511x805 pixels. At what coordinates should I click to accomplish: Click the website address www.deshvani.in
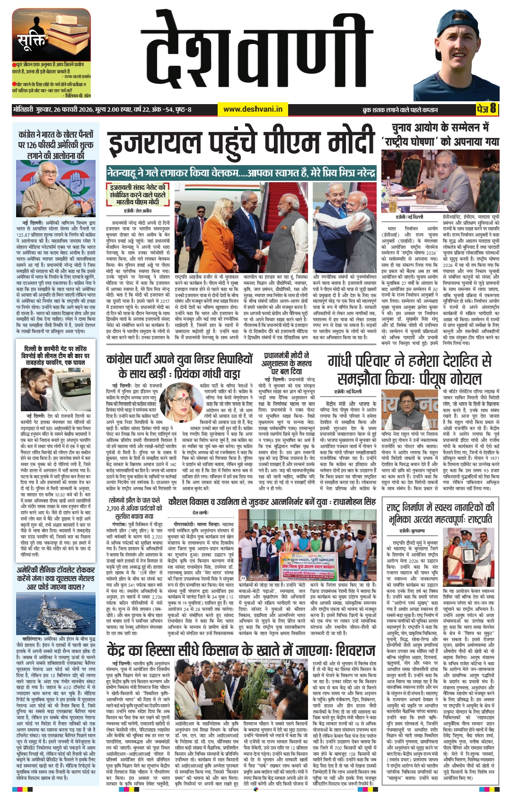click(253, 109)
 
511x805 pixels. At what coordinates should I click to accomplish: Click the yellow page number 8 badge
click(486, 109)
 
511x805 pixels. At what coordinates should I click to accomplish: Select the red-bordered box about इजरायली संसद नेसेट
click(138, 194)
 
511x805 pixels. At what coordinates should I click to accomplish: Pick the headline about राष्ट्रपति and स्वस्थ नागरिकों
click(440, 513)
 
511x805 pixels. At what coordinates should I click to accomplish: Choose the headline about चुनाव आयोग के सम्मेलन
click(440, 134)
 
